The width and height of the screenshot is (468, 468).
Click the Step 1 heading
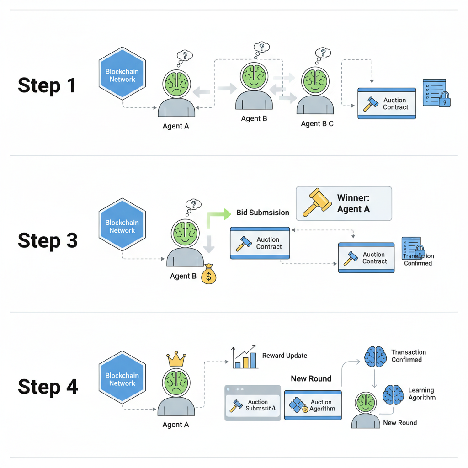(x=47, y=85)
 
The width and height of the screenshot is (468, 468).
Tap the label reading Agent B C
(x=317, y=123)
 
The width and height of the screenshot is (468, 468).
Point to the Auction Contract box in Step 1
(x=387, y=104)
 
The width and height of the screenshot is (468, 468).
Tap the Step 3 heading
(x=48, y=241)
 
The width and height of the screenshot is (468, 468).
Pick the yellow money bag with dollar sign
(x=208, y=275)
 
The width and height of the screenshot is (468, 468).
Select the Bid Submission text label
(x=263, y=213)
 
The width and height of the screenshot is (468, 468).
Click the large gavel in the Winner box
(x=316, y=203)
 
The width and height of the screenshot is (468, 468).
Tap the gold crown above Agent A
(x=176, y=359)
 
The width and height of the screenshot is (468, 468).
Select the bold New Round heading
(x=311, y=378)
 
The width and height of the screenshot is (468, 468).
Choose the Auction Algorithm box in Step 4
(x=313, y=405)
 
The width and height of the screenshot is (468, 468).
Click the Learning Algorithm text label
(x=421, y=394)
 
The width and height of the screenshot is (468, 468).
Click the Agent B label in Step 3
(x=183, y=276)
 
